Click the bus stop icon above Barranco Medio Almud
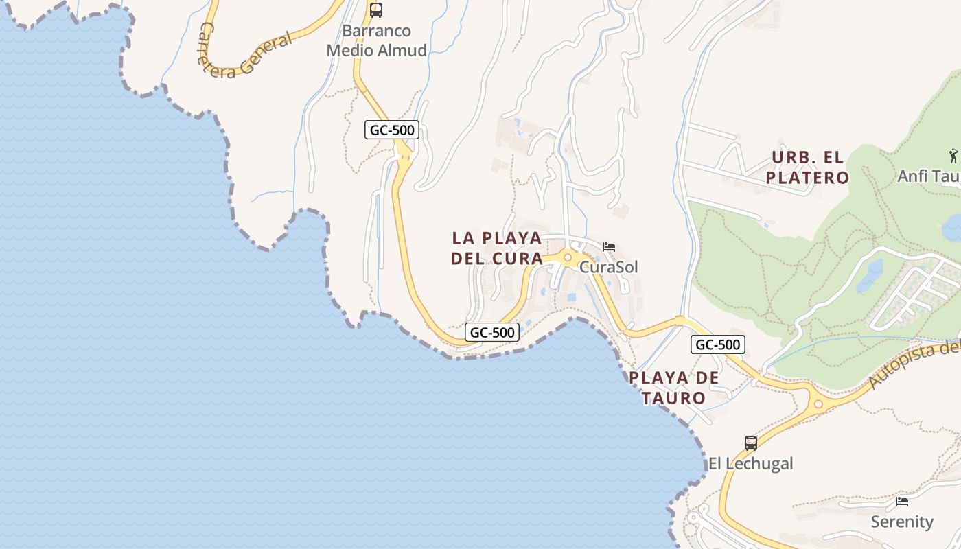pos(376,10)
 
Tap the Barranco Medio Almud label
pos(377,40)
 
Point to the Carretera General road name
pos(244,53)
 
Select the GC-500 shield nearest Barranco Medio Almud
pos(392,130)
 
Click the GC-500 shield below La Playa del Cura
pos(492,333)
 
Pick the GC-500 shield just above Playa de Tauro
pos(718,344)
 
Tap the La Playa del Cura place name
pos(497,248)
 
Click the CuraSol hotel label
pos(608,266)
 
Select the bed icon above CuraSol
pos(609,247)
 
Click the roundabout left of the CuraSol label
pos(568,259)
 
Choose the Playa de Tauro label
pos(674,388)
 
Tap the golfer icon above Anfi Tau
pos(953,156)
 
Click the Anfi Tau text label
pos(929,176)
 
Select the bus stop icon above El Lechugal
pos(751,443)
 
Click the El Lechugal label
pos(750,464)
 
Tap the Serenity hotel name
pos(902,522)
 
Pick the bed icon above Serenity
pos(902,502)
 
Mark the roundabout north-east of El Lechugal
pos(818,405)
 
